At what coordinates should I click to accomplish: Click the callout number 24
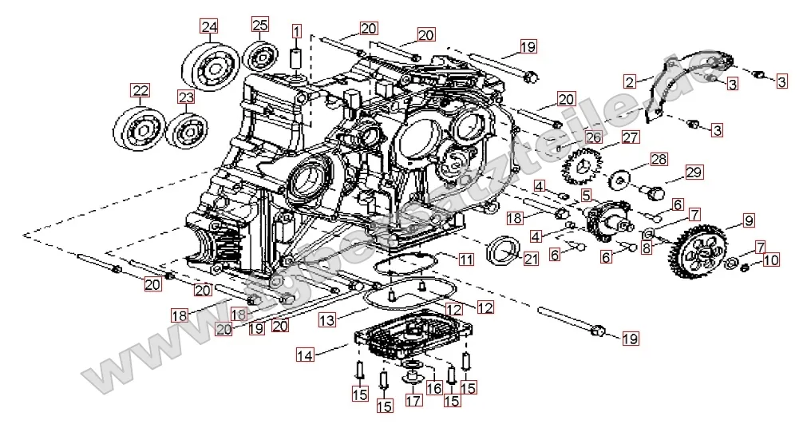click(209, 26)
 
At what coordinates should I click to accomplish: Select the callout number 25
click(260, 24)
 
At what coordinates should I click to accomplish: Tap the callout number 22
click(140, 89)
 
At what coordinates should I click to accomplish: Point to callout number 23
click(186, 97)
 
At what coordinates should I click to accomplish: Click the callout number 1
click(296, 32)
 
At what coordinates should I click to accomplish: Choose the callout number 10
click(769, 260)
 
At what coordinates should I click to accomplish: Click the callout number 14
click(306, 353)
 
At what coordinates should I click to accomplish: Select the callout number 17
click(412, 400)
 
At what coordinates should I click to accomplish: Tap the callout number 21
click(531, 257)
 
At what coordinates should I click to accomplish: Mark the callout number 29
click(693, 173)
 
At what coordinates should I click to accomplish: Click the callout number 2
click(631, 81)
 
